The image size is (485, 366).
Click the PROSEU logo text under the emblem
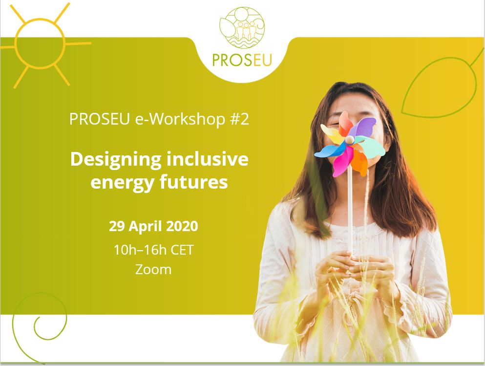(242, 60)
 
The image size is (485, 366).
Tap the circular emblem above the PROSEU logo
(242, 27)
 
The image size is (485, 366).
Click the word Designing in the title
(116, 160)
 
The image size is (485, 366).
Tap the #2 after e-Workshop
(239, 119)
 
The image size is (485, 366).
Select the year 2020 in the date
(182, 226)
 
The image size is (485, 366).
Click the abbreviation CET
(182, 250)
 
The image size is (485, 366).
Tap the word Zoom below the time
(153, 269)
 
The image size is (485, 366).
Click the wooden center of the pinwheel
(350, 140)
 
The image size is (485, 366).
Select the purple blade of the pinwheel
(364, 127)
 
